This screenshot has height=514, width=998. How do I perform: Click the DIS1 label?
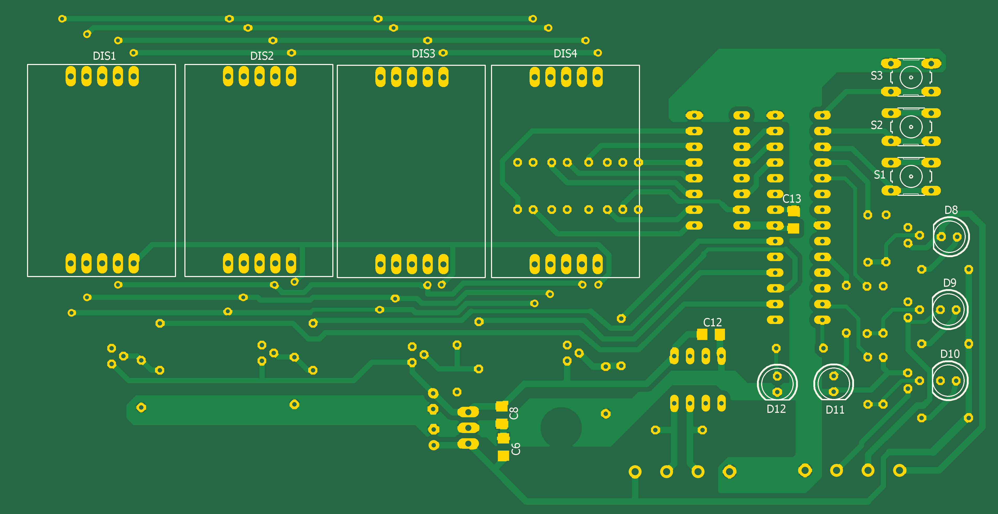[x=104, y=56]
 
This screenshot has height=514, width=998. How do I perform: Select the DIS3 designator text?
[x=423, y=54]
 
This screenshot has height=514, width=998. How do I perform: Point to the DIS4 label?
[x=565, y=54]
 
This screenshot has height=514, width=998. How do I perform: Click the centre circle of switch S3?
[x=911, y=77]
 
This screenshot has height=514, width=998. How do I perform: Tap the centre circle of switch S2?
[x=911, y=127]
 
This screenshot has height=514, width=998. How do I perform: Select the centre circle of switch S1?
[x=911, y=176]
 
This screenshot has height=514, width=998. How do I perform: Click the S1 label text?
[x=879, y=175]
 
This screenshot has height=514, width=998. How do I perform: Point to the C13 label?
[x=792, y=199]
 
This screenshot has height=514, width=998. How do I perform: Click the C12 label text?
[x=712, y=322]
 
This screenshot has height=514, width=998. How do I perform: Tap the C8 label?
[x=514, y=413]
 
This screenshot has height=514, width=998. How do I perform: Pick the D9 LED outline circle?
[x=949, y=310]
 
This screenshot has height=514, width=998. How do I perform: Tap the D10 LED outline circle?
[x=949, y=381]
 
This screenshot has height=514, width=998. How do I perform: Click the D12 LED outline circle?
[x=777, y=383]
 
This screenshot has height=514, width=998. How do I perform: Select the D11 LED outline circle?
[x=833, y=383]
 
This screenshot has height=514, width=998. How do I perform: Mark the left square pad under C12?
[x=702, y=334]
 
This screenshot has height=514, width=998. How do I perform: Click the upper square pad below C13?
[x=793, y=211]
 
